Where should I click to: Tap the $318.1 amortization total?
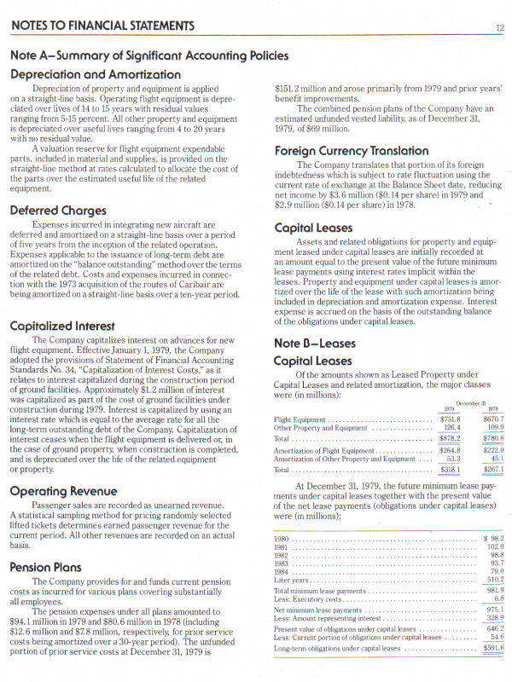tap(449, 469)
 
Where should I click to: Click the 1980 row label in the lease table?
tap(281, 539)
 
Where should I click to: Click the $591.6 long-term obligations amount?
tap(492, 648)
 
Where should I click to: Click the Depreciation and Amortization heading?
tap(95, 74)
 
